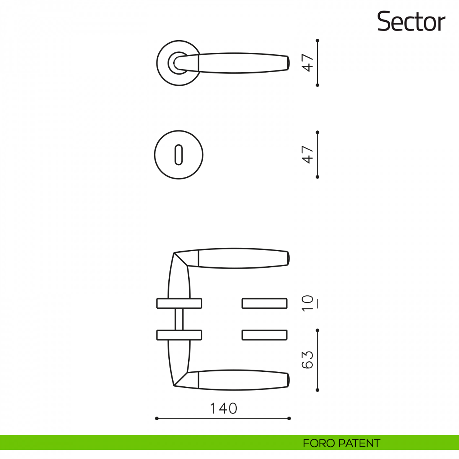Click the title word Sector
[411, 22]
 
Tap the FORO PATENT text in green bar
[341, 443]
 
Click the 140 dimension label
[223, 409]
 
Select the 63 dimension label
[308, 360]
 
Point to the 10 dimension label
[308, 303]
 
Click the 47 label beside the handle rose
[308, 63]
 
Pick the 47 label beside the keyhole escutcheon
[308, 155]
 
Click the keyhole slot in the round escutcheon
[179, 155]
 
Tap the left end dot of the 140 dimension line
[157, 418]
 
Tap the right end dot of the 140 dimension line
[289, 418]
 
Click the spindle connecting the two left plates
[179, 319]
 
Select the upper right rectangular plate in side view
[264, 303]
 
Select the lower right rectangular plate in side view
[264, 335]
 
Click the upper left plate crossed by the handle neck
[179, 303]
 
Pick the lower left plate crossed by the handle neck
[179, 335]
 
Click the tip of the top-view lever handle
[288, 63]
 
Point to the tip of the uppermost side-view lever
[288, 258]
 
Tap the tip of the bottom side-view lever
[288, 380]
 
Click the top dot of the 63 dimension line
[317, 330]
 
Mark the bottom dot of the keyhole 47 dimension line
[317, 177]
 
